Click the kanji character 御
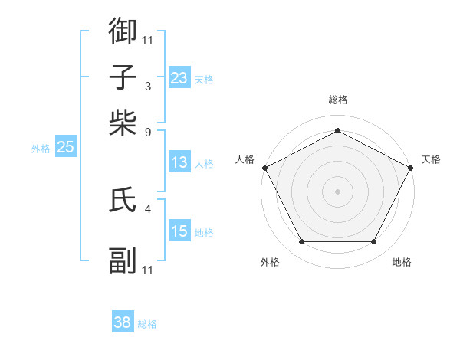(x=123, y=31)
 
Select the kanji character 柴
(x=123, y=123)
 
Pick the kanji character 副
(x=123, y=261)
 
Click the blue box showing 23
(x=179, y=77)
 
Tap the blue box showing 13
(x=179, y=162)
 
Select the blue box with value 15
(x=179, y=231)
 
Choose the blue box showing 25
(x=65, y=147)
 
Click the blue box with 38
(x=123, y=322)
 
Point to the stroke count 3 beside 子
(x=148, y=86)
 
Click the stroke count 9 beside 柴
(x=148, y=132)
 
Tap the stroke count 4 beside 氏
(x=148, y=208)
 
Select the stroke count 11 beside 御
(x=148, y=40)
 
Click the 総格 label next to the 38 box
(x=147, y=324)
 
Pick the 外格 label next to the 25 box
(x=41, y=149)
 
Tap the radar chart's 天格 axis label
(x=431, y=159)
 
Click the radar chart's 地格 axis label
(x=402, y=262)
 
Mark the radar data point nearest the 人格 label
(x=264, y=167)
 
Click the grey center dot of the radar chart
(x=337, y=191)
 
